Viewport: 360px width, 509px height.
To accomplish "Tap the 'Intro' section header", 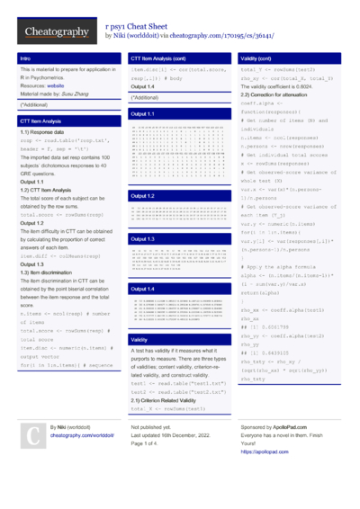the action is [x=26, y=58].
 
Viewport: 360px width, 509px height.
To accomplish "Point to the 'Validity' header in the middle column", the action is [x=140, y=340].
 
